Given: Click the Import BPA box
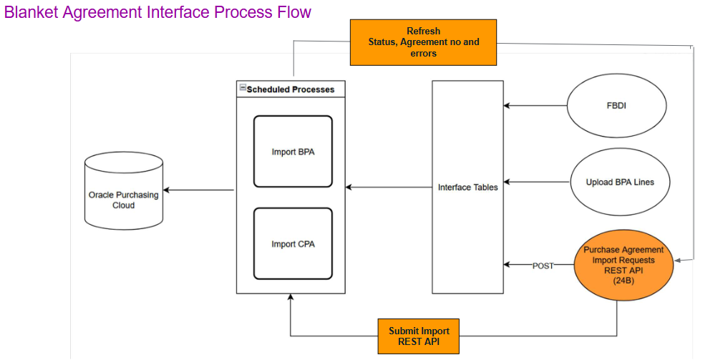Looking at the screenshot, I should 293,152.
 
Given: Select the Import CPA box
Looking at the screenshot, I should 293,244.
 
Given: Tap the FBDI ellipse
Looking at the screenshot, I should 616,105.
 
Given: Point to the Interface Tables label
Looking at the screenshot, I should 467,188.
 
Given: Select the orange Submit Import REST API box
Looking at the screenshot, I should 419,336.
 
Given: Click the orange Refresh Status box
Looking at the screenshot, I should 423,42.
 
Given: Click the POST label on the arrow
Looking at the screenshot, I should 543,266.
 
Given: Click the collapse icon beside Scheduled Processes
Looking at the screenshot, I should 242,89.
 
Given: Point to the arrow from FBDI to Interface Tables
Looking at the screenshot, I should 535,106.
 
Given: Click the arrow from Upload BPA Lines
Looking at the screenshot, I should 535,182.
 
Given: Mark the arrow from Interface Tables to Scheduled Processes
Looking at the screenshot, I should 389,188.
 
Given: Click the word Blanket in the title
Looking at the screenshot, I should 32,13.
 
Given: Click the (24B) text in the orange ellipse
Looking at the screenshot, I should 620,281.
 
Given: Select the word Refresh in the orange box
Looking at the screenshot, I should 423,31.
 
